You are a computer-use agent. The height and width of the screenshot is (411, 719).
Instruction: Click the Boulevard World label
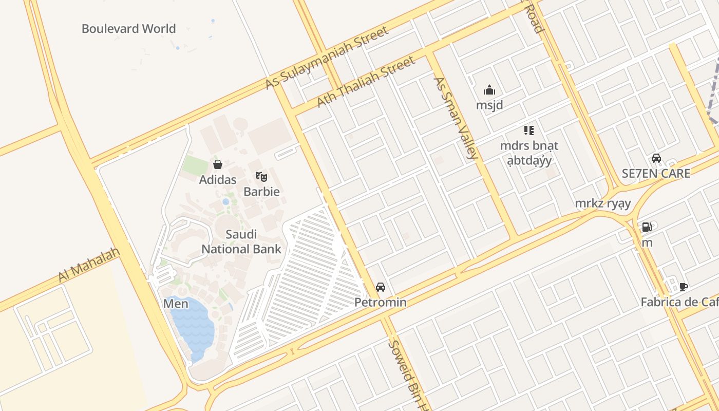click(128, 28)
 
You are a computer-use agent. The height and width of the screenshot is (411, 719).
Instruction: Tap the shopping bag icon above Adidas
click(218, 164)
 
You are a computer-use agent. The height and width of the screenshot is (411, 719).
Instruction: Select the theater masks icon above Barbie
click(261, 177)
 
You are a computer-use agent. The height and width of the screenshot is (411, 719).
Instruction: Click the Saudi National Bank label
click(241, 242)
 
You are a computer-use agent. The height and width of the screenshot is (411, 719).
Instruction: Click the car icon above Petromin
click(381, 287)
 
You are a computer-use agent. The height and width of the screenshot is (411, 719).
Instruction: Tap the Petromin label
click(381, 302)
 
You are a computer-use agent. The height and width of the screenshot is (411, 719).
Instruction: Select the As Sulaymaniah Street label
click(327, 58)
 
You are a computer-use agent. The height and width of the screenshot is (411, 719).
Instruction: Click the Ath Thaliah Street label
click(365, 82)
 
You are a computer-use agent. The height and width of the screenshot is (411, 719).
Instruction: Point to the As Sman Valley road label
click(456, 118)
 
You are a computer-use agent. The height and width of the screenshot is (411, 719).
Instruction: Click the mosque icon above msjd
click(489, 90)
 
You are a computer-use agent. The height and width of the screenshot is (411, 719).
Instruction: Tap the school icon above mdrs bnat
click(529, 130)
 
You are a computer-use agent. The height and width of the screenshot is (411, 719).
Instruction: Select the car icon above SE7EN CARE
click(656, 158)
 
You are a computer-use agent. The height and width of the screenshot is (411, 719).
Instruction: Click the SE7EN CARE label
click(656, 173)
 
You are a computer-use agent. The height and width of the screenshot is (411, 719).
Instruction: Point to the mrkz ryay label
click(603, 203)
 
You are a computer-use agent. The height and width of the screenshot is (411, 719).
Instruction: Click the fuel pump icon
click(647, 227)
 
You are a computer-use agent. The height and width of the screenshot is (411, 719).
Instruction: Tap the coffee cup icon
click(683, 287)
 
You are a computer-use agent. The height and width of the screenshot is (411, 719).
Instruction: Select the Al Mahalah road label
click(89, 265)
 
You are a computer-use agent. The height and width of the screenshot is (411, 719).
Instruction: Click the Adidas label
click(218, 180)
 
